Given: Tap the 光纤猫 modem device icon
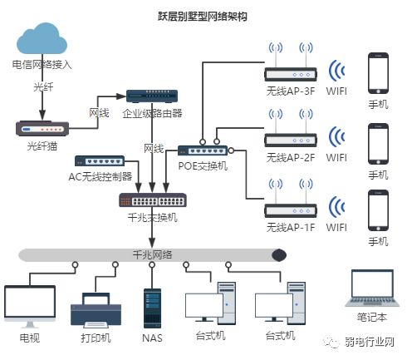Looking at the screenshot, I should (x=41, y=128).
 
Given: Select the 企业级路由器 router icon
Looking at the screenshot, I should (x=151, y=96).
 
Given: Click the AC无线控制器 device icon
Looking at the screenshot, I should (x=100, y=160).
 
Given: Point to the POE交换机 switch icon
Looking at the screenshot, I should (x=203, y=150).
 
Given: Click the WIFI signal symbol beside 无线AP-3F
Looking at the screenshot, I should (x=336, y=71).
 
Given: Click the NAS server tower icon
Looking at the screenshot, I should (x=152, y=307).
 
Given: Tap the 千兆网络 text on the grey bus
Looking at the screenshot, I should (x=152, y=254).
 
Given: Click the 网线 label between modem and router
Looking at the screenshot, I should (x=99, y=112).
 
